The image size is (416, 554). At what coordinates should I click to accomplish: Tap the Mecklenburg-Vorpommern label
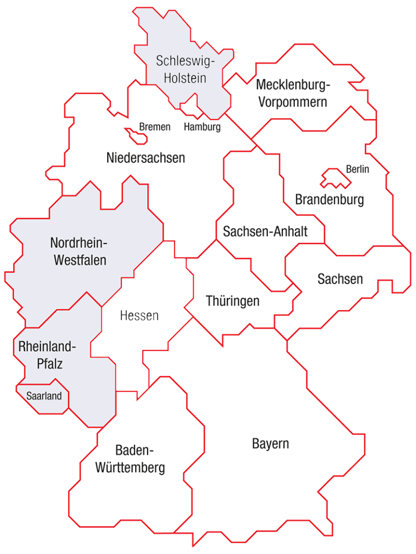coord(293,93)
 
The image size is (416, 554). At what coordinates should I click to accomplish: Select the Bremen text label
coord(155,127)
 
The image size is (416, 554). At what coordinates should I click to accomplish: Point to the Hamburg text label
coord(202,127)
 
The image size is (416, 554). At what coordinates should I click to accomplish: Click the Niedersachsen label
coord(146,158)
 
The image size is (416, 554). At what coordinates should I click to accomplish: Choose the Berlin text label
coord(357,169)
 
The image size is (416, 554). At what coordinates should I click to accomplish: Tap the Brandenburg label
coord(329,200)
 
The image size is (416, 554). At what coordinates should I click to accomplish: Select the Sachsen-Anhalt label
coord(265,232)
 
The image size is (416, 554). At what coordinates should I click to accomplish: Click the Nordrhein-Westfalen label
coord(80,250)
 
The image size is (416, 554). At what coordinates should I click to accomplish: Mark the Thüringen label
coord(233,301)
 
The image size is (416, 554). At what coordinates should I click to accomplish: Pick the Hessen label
coord(139,315)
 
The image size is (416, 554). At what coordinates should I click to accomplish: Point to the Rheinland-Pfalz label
coord(47,355)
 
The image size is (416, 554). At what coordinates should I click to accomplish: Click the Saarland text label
coord(44,395)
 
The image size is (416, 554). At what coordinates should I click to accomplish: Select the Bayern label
coord(270,444)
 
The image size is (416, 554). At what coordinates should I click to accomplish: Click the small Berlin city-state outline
coord(334,178)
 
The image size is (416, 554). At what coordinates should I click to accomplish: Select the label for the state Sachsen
coord(340,279)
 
